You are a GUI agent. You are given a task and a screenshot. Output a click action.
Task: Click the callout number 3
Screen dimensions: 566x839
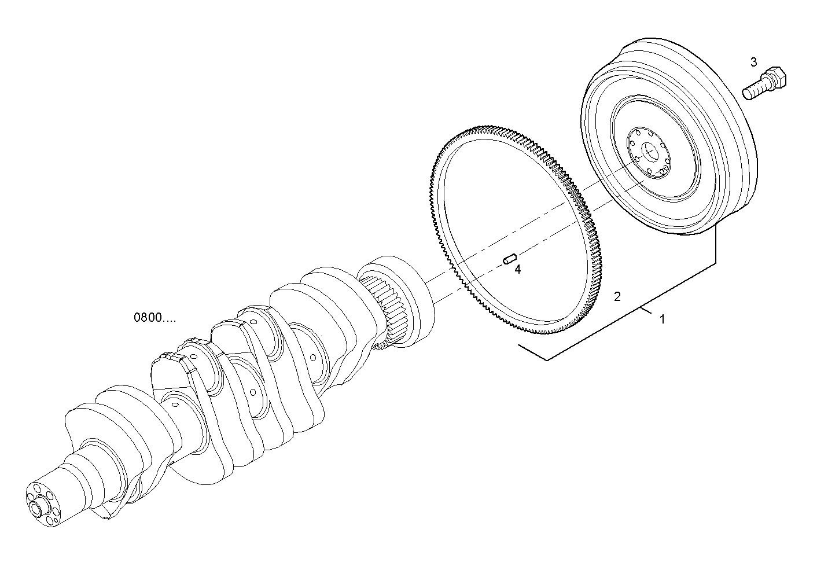(x=753, y=61)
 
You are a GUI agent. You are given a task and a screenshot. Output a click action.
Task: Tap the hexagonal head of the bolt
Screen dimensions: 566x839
(x=775, y=78)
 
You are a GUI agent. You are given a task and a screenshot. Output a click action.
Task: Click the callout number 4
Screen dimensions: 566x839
(x=517, y=269)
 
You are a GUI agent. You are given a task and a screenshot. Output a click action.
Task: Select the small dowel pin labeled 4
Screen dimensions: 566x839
(x=509, y=258)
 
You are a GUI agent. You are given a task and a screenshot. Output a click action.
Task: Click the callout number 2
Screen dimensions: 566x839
(x=617, y=297)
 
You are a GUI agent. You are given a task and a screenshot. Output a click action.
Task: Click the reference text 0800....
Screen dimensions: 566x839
(x=154, y=318)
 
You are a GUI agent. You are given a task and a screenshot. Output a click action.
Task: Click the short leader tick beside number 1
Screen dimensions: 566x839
(x=646, y=313)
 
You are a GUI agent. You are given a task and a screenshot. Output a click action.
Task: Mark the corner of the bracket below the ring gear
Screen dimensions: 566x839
(x=547, y=360)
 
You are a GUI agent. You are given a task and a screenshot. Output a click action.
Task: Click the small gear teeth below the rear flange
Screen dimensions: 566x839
(x=382, y=348)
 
